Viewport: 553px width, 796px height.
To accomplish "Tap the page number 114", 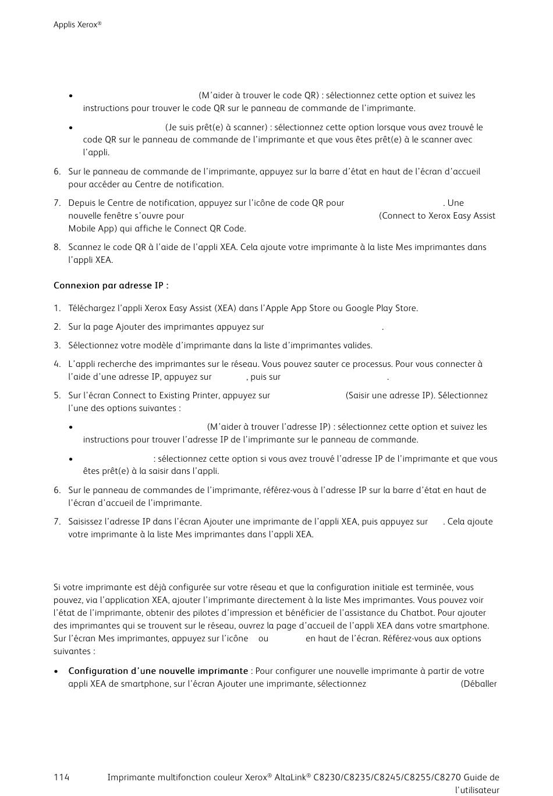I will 61,777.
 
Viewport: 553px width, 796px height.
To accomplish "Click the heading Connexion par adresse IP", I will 111,285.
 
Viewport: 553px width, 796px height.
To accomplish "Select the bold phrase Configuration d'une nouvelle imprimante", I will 158,671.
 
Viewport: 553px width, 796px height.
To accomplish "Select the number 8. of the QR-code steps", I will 57,247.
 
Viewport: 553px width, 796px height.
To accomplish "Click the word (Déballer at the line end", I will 478,684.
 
